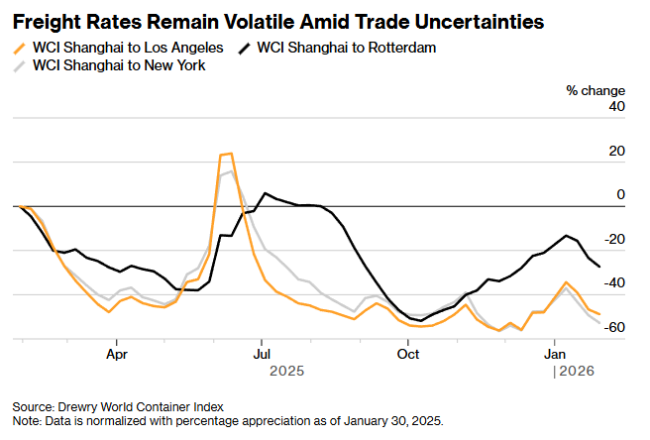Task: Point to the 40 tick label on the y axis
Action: [616, 107]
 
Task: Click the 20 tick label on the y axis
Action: [616, 151]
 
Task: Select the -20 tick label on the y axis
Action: [613, 239]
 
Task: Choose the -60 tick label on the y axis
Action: [613, 327]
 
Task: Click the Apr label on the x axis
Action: [117, 353]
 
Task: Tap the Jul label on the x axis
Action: [263, 353]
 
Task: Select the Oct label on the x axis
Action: [408, 353]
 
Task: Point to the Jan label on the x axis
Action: [554, 353]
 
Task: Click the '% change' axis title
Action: [595, 90]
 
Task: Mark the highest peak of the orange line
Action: [230, 154]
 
